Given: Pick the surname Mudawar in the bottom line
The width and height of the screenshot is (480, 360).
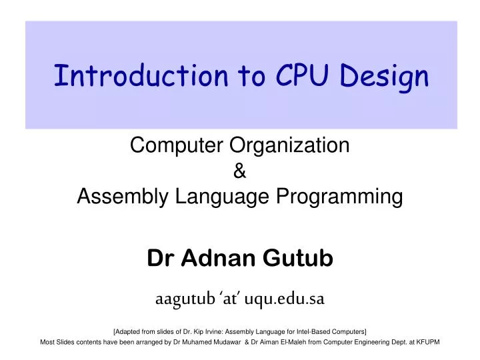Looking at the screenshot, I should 256,342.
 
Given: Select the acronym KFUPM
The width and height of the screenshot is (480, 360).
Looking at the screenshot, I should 427,342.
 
